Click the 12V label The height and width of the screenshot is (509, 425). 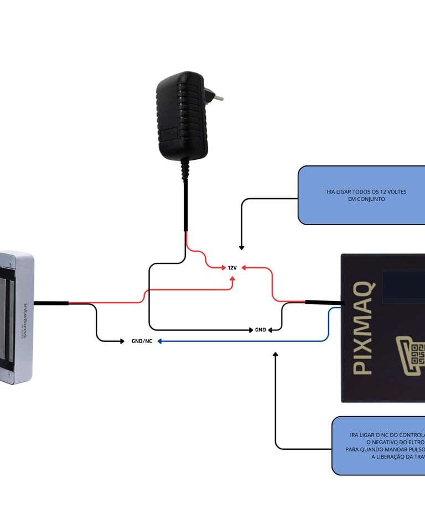pyautogui.click(x=232, y=268)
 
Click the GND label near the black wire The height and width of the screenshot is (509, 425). pyautogui.click(x=260, y=330)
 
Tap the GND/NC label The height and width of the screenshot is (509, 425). pyautogui.click(x=142, y=341)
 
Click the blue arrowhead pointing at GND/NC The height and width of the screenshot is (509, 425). pyautogui.click(x=159, y=341)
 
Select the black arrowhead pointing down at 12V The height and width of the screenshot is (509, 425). pyautogui.click(x=241, y=247)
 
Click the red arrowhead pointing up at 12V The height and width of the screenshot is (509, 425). pyautogui.click(x=232, y=278)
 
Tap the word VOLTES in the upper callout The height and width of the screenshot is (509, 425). pyautogui.click(x=395, y=191)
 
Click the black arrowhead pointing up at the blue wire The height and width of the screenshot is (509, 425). pyautogui.click(x=276, y=354)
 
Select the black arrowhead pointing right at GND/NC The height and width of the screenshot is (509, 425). pyautogui.click(x=122, y=341)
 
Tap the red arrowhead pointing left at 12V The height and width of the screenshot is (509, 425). pyautogui.click(x=244, y=268)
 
